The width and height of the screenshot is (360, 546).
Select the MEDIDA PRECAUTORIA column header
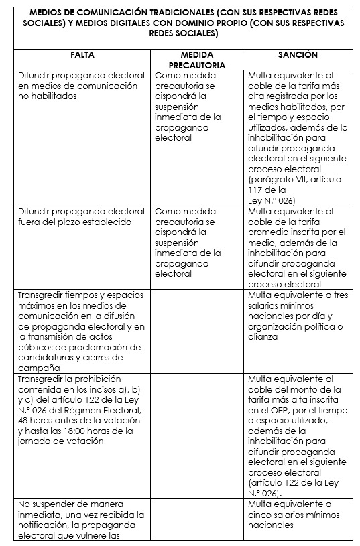pyautogui.click(x=198, y=60)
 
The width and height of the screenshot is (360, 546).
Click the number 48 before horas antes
pyautogui.click(x=25, y=421)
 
